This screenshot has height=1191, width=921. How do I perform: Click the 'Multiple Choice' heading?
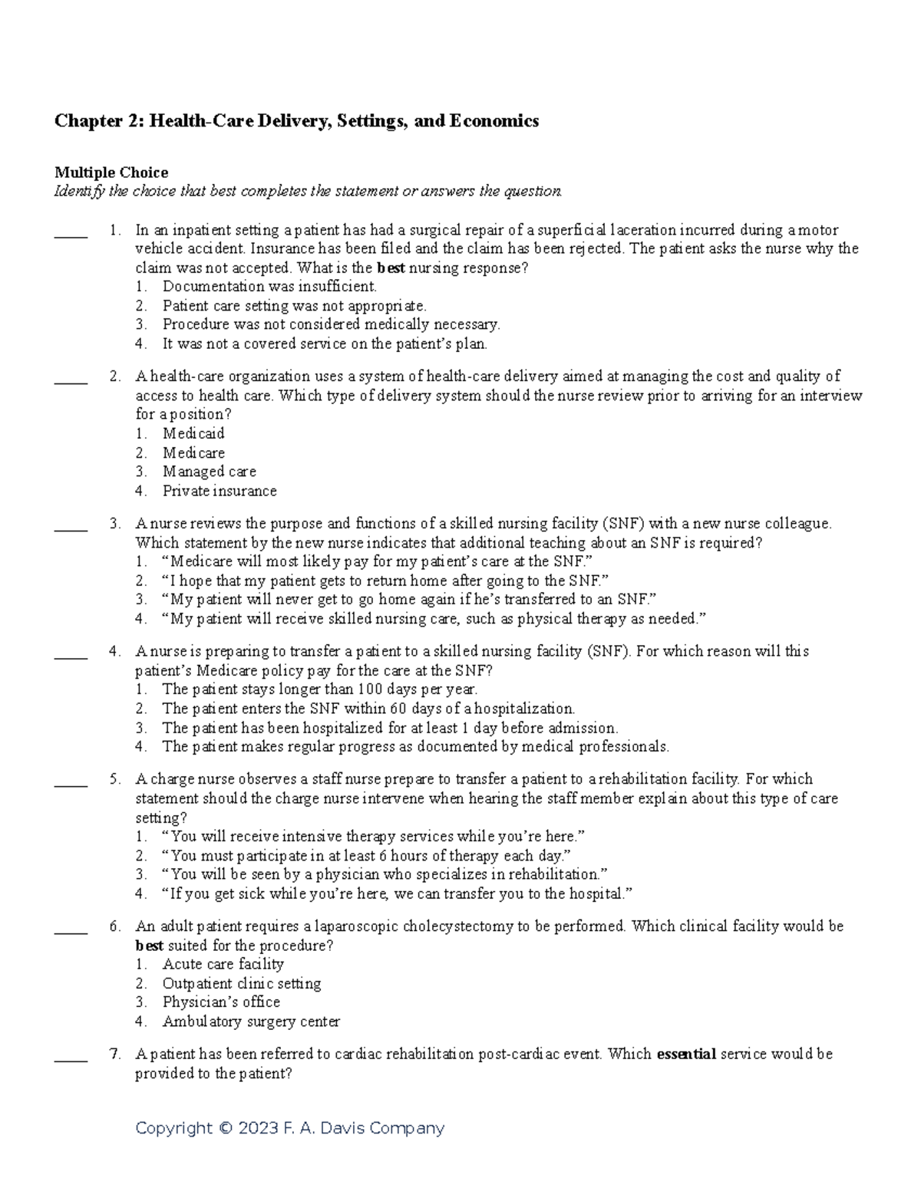[x=111, y=173]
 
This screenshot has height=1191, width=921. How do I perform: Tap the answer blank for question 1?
[x=71, y=236]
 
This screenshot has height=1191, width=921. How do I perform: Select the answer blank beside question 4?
[x=71, y=657]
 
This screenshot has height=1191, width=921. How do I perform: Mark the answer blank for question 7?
[x=71, y=1060]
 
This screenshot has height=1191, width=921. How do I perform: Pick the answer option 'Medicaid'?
[x=193, y=433]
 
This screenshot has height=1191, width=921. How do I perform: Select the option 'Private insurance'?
[x=220, y=491]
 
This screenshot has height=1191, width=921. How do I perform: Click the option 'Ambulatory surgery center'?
[x=251, y=1022]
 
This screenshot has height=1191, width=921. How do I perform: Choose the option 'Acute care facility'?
[x=223, y=964]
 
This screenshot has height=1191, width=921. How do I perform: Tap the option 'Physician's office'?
[x=221, y=1002]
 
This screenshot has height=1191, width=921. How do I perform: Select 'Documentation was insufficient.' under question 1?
[x=269, y=287]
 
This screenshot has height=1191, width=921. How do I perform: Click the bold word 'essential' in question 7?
[x=686, y=1054]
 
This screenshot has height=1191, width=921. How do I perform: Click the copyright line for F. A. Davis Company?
[x=289, y=1128]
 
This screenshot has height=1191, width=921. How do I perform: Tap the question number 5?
[x=114, y=779]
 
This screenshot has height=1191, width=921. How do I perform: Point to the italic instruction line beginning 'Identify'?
[x=308, y=192]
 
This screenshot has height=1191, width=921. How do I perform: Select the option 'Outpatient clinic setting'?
[x=241, y=983]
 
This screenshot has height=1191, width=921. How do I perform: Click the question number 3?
[x=114, y=524]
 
